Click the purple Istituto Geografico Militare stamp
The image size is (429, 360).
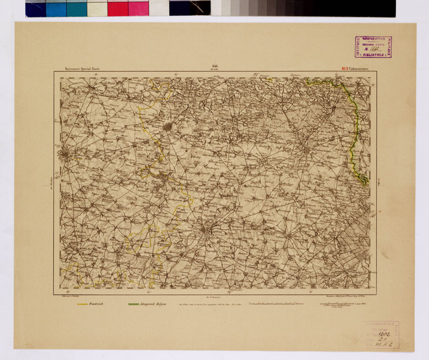tap(373, 47)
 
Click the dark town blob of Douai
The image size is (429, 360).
tap(168, 126)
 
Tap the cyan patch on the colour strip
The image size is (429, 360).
tap(56, 8)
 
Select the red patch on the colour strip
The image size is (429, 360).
tap(117, 8)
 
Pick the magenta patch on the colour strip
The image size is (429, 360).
tap(138, 8)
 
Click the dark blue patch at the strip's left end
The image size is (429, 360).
tap(35, 8)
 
